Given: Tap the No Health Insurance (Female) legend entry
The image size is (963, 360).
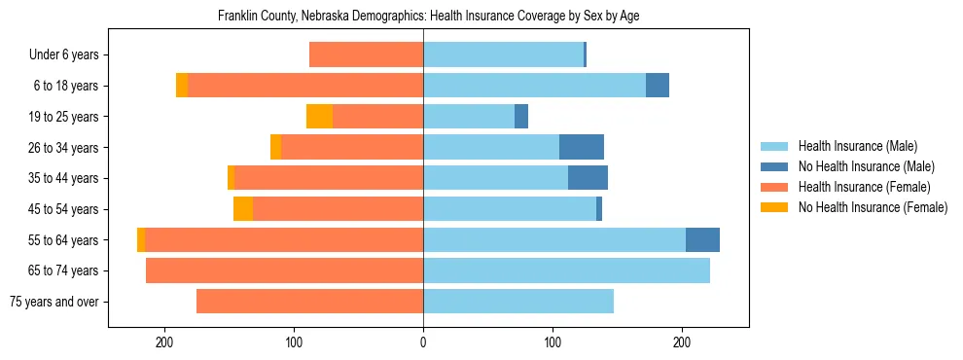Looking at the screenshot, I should click(873, 207).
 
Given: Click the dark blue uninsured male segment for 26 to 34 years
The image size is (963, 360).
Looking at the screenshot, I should click(582, 147).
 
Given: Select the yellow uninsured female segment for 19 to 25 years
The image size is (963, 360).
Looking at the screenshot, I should click(319, 117).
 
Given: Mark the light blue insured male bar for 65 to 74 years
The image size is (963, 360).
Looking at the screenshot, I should click(566, 270).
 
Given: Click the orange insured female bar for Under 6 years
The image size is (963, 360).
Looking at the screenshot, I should click(366, 55).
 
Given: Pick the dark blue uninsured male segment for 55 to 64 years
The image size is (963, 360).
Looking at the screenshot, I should click(702, 239).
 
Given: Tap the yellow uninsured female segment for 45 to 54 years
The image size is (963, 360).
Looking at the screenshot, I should click(243, 209).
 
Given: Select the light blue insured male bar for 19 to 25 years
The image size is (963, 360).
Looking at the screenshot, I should click(469, 117).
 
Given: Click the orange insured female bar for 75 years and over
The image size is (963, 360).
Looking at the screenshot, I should click(309, 302).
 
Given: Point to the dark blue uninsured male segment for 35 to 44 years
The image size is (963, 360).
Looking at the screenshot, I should click(588, 178).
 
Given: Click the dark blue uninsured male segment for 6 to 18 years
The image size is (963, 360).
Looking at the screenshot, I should click(658, 86).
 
